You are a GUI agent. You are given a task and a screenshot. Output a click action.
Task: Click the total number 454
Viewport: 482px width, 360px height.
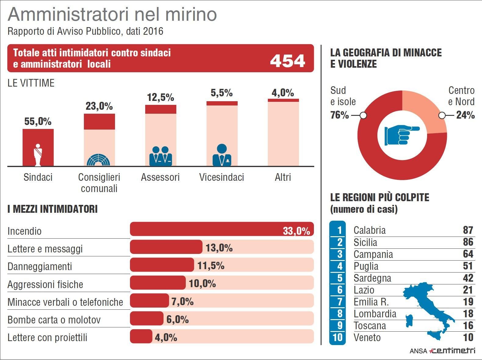pos(287,61)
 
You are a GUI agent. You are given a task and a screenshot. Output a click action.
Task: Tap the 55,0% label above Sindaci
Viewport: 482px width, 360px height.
pos(38,121)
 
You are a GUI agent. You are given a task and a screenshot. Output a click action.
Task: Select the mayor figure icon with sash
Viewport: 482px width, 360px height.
pos(38,155)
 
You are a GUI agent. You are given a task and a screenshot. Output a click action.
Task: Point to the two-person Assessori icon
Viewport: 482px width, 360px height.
pos(160,156)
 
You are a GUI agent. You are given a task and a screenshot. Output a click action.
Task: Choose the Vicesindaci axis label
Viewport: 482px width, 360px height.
pos(221,177)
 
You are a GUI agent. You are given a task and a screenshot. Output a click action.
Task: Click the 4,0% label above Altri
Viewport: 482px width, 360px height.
pos(283,93)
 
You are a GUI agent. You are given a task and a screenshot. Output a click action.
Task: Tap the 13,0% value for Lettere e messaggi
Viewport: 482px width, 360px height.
pos(219,248)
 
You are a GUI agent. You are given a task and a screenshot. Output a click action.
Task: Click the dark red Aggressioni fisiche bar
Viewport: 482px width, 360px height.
pos(158,283)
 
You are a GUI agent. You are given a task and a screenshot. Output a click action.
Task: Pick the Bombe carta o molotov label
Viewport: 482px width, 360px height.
pos(54,320)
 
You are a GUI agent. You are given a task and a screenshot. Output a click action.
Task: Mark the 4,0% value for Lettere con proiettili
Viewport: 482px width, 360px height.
pos(166,337)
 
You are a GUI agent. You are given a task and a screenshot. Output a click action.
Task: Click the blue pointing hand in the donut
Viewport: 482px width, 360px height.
pos(401,134)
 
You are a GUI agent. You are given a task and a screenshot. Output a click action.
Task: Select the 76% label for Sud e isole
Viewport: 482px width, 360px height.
pos(340,115)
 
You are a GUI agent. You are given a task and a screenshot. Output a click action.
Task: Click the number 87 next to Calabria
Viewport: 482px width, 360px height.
pos(468,230)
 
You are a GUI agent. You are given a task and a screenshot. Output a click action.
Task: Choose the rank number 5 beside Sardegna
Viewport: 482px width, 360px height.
pos(339,278)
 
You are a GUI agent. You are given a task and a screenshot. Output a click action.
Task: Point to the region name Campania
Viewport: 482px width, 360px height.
pos(373,254)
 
